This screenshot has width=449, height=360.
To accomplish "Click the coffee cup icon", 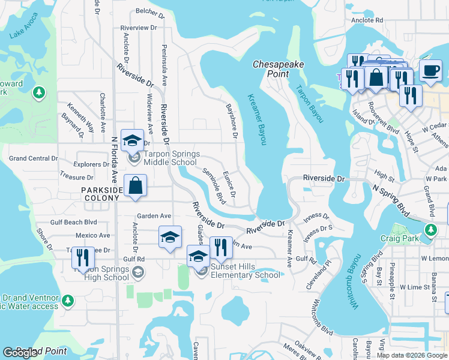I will (x=430, y=71).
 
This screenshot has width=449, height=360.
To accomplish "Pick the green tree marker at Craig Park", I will (x=430, y=229).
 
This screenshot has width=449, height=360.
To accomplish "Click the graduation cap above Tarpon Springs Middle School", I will (x=132, y=141).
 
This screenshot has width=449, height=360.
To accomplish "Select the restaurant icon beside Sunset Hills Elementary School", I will (x=221, y=247).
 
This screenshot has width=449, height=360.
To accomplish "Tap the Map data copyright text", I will (x=412, y=355).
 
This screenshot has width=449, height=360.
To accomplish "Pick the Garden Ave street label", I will (x=154, y=215).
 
